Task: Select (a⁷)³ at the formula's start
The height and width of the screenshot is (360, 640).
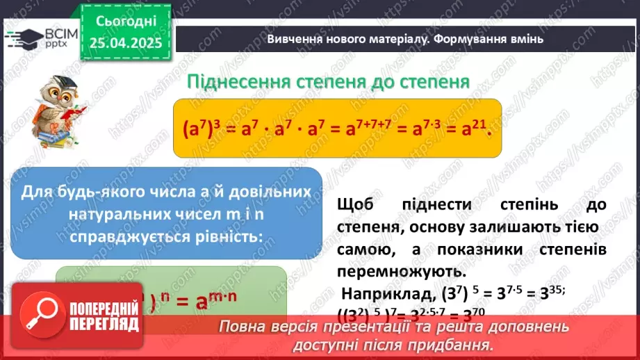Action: point(199,129)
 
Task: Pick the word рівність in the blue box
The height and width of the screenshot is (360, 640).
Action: point(230,235)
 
